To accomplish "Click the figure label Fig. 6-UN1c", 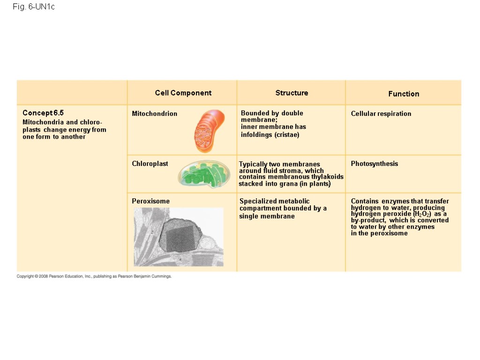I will (x=34, y=7).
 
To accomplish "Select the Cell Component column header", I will (x=183, y=93).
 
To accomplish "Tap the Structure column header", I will (x=292, y=93).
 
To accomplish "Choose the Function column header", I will (x=404, y=94).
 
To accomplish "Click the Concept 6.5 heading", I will (x=43, y=113).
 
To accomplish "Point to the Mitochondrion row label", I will (x=155, y=113).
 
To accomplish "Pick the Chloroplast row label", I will (x=150, y=164).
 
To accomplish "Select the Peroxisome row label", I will (x=151, y=201).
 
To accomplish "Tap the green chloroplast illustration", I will (x=204, y=174).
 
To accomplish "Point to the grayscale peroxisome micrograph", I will (x=179, y=237).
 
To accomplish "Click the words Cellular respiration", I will (x=381, y=113).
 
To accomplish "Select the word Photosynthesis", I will (x=375, y=164).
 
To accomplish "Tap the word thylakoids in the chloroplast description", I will (x=328, y=177).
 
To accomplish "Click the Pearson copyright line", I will (x=94, y=277).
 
